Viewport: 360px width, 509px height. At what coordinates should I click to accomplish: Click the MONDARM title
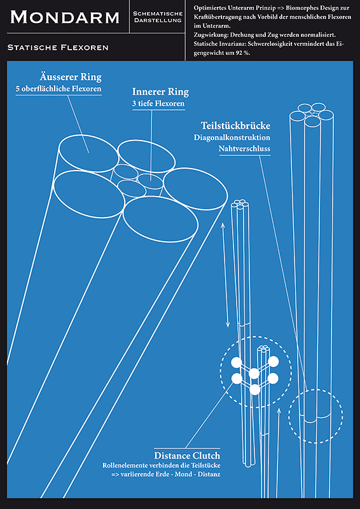click(x=65, y=17)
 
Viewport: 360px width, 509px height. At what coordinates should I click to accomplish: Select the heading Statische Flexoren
click(x=58, y=48)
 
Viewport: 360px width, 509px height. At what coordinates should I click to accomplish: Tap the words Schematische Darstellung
click(x=158, y=17)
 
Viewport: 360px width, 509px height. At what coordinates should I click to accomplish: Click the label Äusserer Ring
click(x=71, y=77)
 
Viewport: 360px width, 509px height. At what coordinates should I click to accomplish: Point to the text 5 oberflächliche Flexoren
click(x=59, y=89)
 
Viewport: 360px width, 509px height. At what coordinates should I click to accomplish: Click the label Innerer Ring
click(x=160, y=92)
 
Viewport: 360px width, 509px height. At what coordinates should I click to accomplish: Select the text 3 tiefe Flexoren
click(x=158, y=104)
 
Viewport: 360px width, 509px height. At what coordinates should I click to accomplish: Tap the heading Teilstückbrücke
click(x=236, y=125)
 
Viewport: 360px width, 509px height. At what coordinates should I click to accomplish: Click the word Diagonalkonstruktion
click(x=232, y=137)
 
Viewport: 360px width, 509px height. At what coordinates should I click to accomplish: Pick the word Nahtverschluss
click(x=244, y=149)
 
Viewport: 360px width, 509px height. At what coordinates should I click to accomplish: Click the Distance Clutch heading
click(x=187, y=455)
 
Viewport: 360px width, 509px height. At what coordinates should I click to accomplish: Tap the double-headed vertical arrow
click(x=225, y=275)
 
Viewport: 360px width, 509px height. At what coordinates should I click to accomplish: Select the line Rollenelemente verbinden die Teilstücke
click(x=162, y=465)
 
